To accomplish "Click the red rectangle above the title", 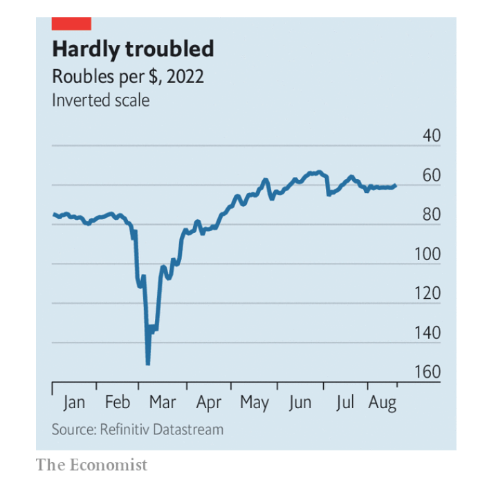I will [71, 24].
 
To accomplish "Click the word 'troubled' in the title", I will [170, 50].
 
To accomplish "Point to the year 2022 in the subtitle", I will [185, 76].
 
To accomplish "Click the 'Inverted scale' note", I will [100, 100].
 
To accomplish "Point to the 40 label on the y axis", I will [431, 136].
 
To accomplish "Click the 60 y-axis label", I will [431, 176].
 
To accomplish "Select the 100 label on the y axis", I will [428, 255].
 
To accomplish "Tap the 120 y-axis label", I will [428, 294].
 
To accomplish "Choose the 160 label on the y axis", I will [428, 373].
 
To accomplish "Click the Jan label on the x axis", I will [74, 403].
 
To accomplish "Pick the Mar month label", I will [163, 403].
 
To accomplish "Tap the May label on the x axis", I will [254, 403].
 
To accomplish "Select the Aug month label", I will [382, 403].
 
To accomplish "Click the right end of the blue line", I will [395, 185].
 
